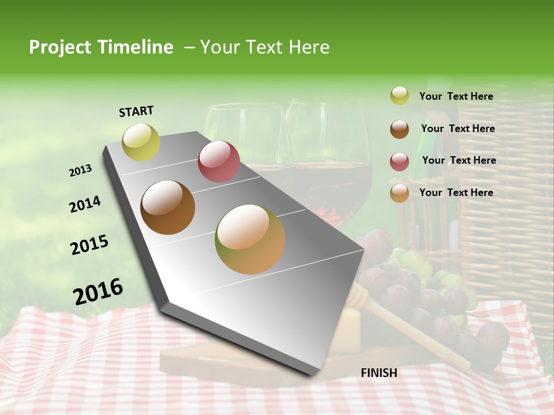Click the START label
[136, 111]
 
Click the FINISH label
[379, 373]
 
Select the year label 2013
[80, 171]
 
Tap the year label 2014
[85, 205]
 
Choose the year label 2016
[98, 291]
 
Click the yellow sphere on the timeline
[141, 142]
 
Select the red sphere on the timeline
[219, 161]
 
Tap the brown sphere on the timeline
[167, 207]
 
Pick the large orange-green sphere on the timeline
[250, 239]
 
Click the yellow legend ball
[399, 96]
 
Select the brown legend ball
[399, 129]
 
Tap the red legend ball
[399, 161]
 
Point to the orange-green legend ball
[399, 193]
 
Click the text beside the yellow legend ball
[456, 96]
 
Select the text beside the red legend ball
[459, 160]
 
